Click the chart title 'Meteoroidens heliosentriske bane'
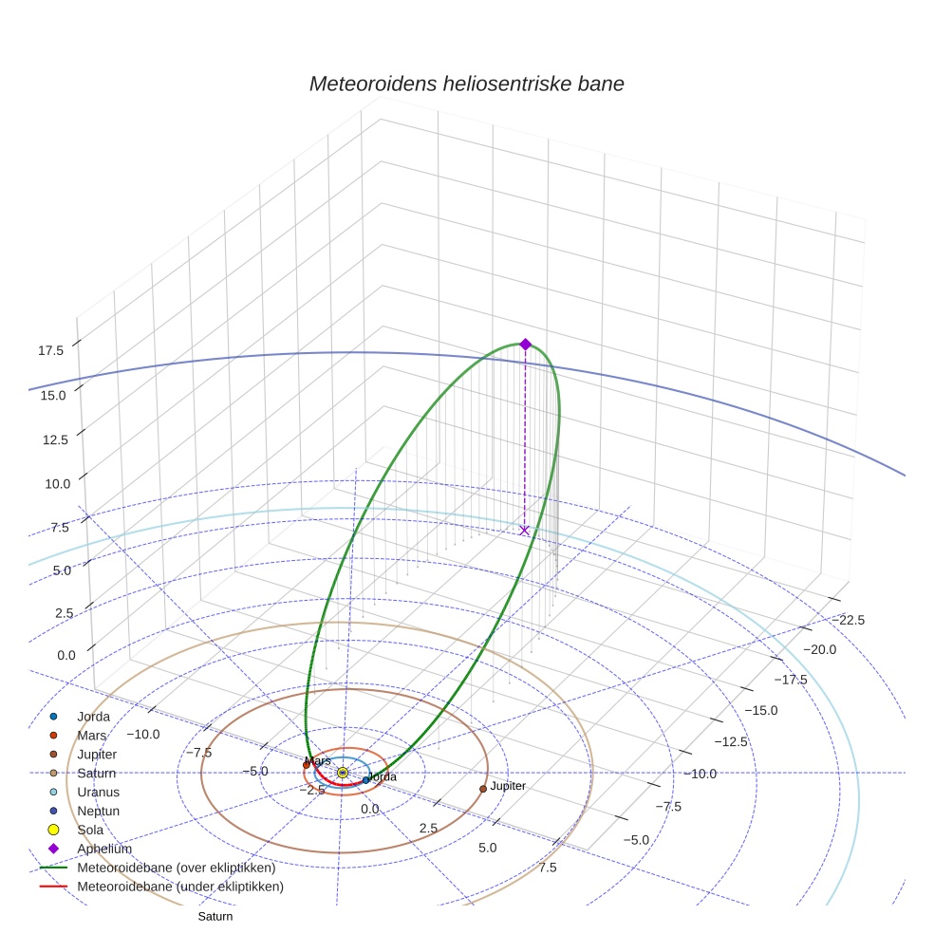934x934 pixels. coord(466,84)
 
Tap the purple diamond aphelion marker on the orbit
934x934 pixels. coord(525,345)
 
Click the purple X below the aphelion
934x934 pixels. coord(524,531)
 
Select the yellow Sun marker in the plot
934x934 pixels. coord(343,773)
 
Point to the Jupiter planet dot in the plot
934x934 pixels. coord(483,789)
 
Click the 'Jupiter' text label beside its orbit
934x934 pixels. coord(508,786)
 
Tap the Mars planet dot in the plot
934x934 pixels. coord(306,764)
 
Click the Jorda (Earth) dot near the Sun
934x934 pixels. coord(366,780)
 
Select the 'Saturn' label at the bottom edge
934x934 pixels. coord(215,917)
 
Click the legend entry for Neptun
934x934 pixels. coord(98,811)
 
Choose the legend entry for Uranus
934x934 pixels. coord(98,792)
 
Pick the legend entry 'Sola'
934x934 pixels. coord(90,830)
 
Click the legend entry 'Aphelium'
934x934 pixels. coord(104,849)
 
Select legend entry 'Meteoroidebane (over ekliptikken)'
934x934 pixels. coord(176,868)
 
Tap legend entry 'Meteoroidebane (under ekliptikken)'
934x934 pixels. coord(179,887)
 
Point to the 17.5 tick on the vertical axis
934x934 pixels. coord(50,351)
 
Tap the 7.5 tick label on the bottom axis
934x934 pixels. coord(548,867)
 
